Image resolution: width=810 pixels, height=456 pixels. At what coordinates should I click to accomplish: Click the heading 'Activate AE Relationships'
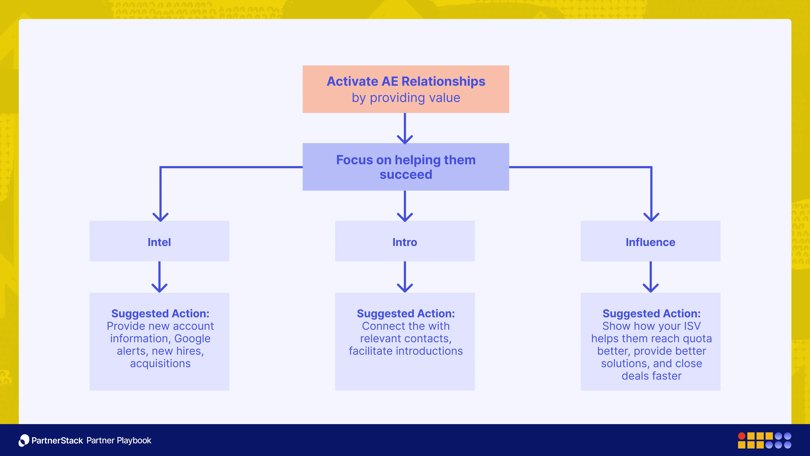click(406, 81)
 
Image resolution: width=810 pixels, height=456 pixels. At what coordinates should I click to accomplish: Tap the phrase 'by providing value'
click(406, 98)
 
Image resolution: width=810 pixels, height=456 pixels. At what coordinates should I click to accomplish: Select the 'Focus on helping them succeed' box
click(406, 167)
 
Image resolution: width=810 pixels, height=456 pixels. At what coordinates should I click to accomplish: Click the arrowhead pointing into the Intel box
click(160, 217)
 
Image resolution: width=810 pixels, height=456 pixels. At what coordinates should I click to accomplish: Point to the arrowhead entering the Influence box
click(651, 217)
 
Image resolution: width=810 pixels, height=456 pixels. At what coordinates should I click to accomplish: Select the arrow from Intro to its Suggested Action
click(405, 277)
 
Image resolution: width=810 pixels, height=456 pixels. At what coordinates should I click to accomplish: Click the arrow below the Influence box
click(651, 277)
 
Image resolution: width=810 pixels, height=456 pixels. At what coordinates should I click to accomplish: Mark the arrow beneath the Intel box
click(159, 277)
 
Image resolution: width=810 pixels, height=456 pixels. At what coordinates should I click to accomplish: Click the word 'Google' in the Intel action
click(192, 339)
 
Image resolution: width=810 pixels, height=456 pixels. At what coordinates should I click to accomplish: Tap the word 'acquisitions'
click(160, 364)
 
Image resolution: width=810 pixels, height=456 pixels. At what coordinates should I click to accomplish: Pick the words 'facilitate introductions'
click(406, 351)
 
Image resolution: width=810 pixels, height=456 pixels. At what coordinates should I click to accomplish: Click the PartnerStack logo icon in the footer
click(24, 440)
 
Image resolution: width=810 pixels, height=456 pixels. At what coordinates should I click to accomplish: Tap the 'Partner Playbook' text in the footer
click(119, 440)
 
